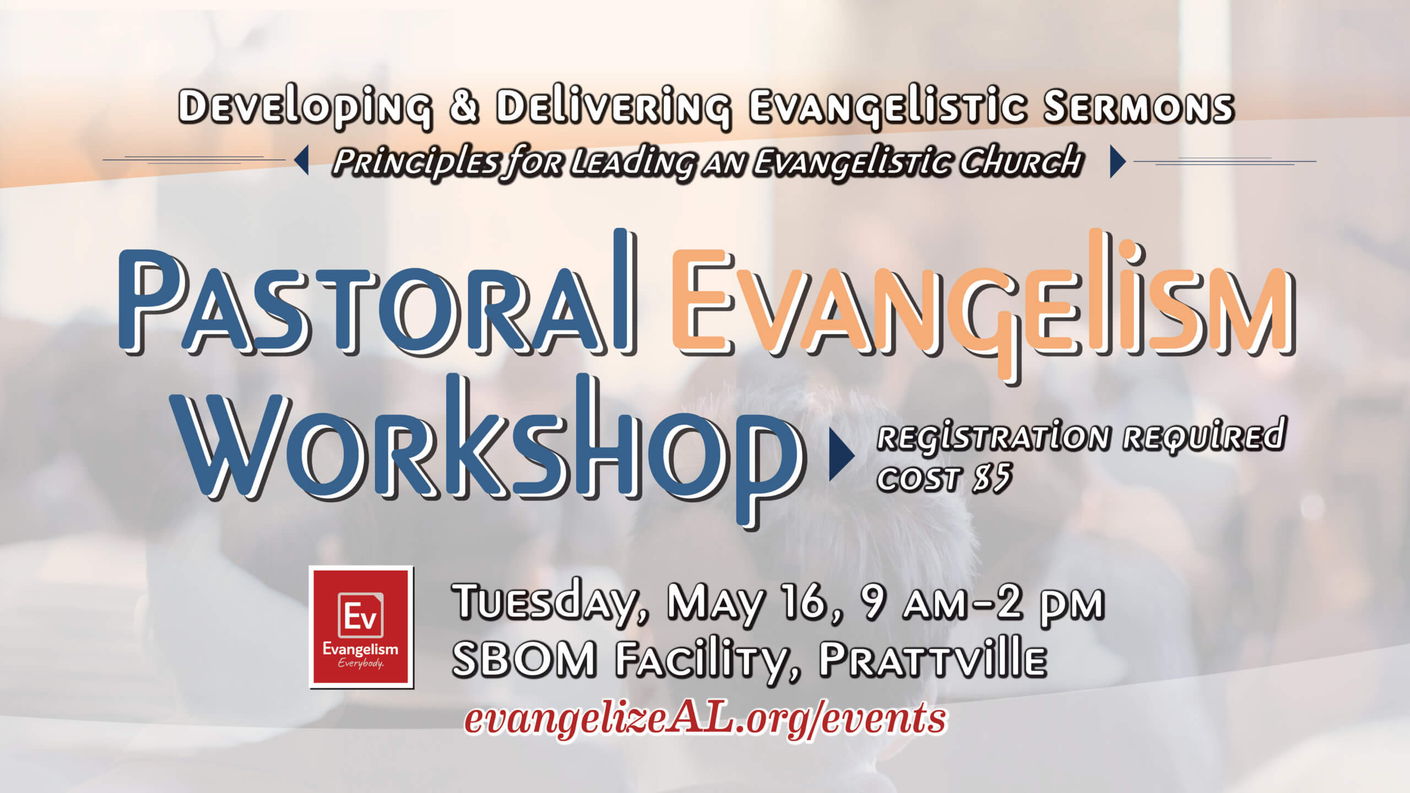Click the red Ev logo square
[361, 627]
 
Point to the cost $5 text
[945, 477]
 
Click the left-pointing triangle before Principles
[301, 161]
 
